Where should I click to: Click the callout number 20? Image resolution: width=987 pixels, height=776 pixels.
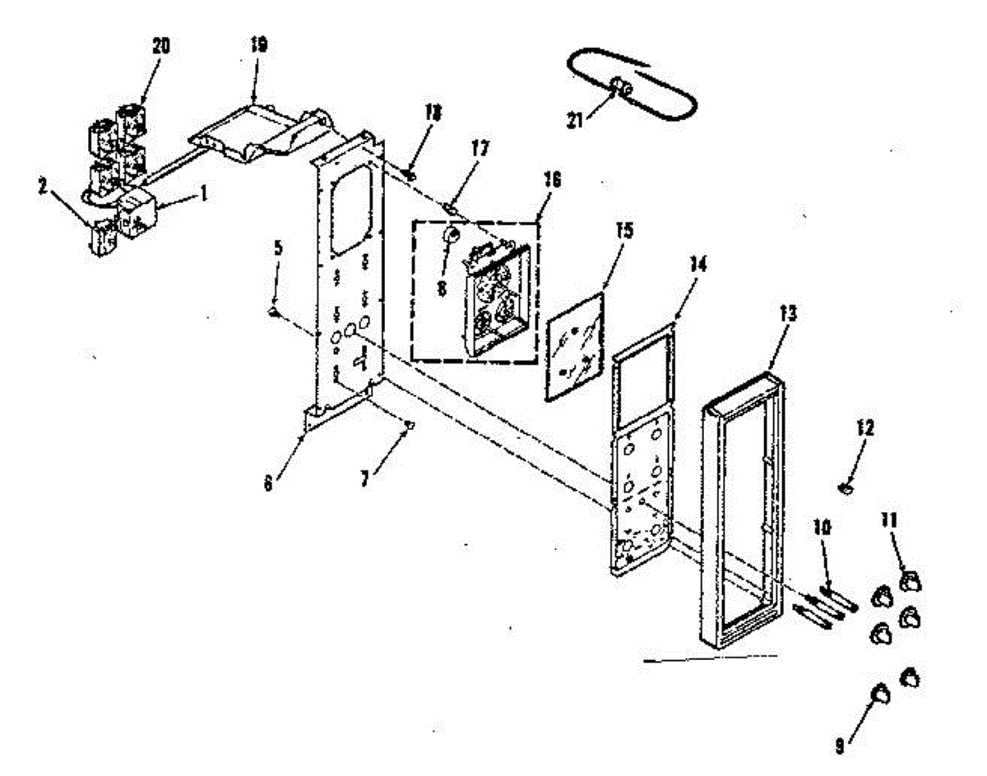[x=160, y=46]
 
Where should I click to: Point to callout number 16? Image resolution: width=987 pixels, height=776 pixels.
[x=552, y=180]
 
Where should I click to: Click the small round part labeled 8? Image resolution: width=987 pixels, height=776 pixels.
[x=452, y=237]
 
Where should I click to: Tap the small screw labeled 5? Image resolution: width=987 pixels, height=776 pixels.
[x=275, y=312]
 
